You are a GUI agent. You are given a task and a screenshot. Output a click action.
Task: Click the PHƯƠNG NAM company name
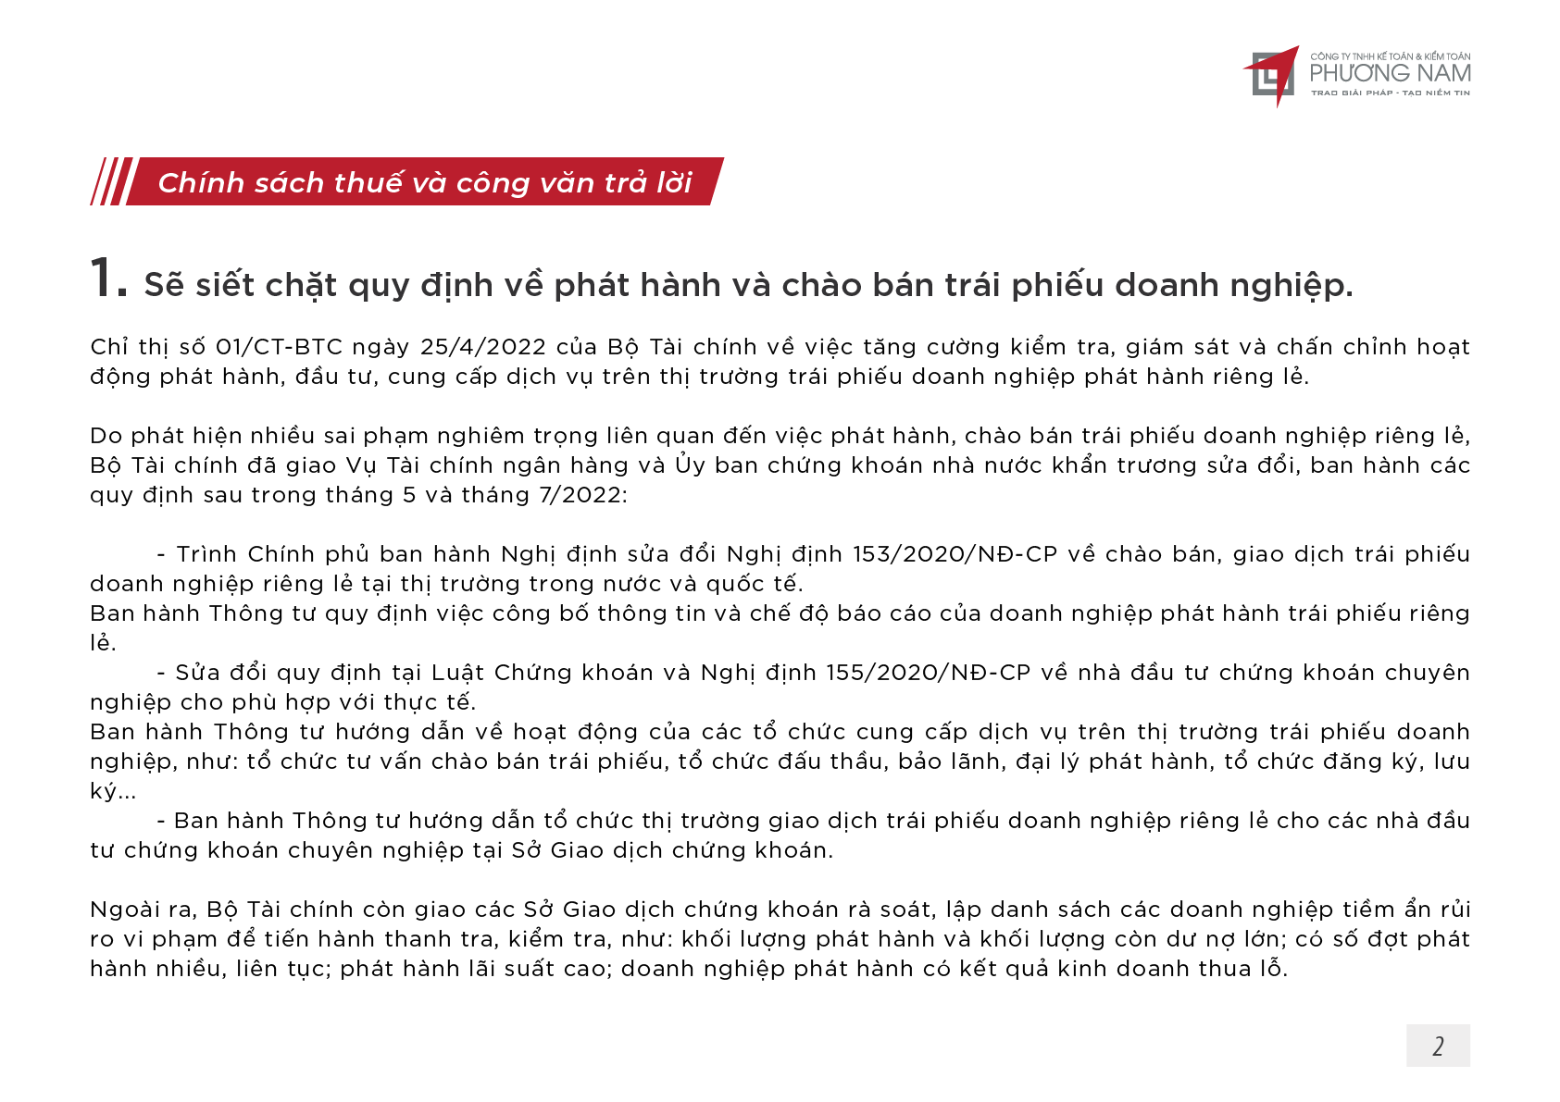click(x=1390, y=73)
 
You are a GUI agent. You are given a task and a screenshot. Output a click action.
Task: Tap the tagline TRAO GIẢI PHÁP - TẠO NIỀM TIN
click(x=1390, y=93)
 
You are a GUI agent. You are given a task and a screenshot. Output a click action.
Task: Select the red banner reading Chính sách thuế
click(x=425, y=182)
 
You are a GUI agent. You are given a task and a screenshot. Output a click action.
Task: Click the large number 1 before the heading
click(x=106, y=279)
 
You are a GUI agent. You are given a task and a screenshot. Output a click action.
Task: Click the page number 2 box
click(x=1437, y=1046)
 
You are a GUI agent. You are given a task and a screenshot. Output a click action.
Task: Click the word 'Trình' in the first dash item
click(x=206, y=554)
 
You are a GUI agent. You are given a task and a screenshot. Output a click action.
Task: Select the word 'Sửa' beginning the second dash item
click(x=196, y=673)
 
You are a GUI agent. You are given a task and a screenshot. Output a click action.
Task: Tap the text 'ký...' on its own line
click(x=112, y=792)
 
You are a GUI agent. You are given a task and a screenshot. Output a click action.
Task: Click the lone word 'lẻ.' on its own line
click(x=102, y=643)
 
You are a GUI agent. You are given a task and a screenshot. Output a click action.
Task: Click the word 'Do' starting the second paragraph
click(x=106, y=436)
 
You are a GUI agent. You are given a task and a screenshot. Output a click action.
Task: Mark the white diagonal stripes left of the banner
click(x=111, y=181)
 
